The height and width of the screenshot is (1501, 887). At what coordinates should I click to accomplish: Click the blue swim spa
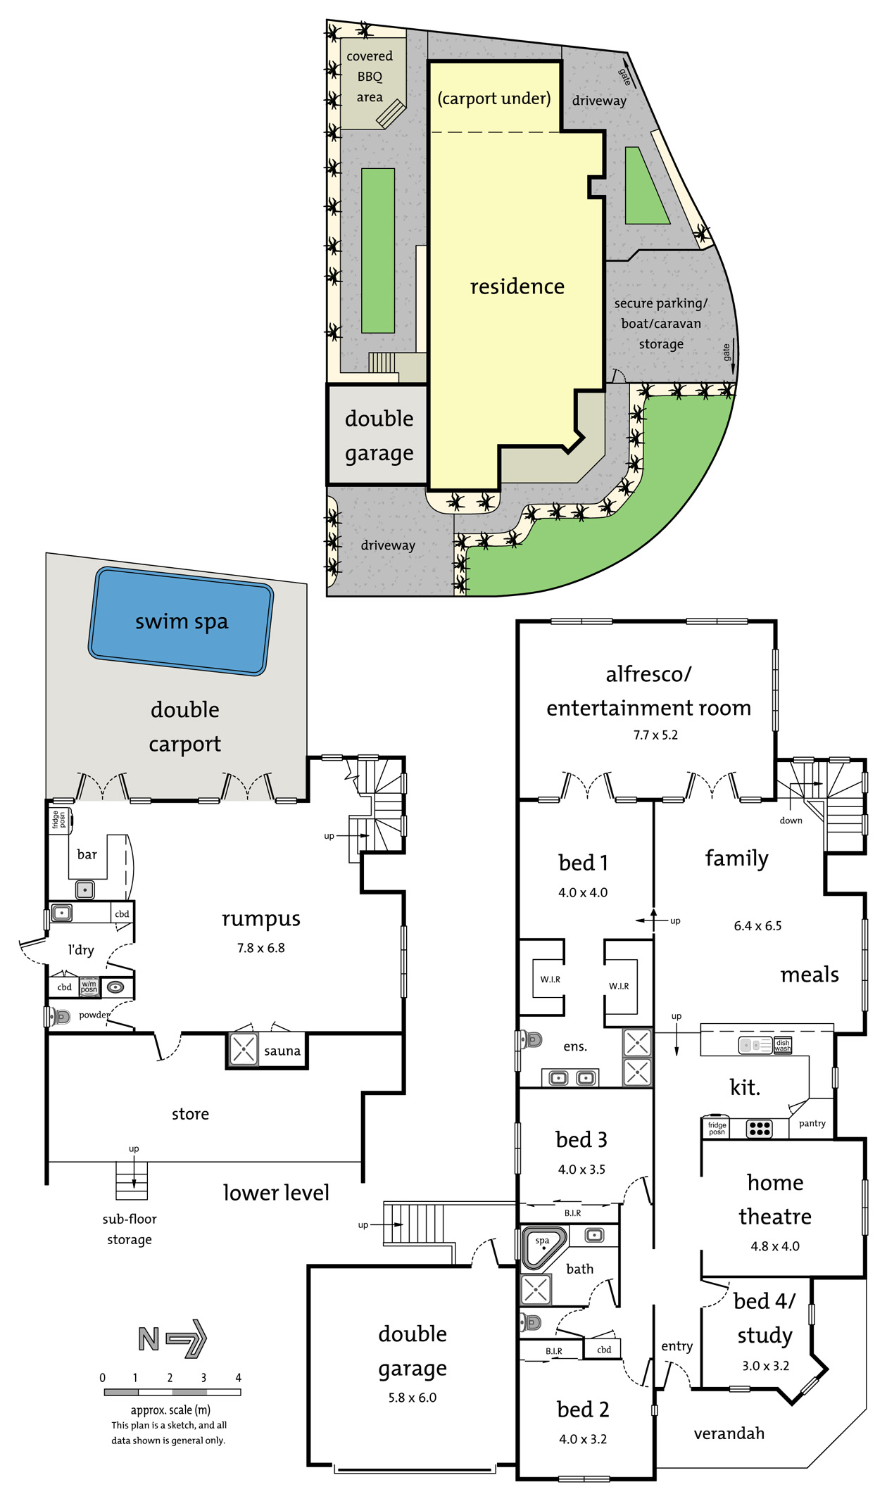pos(181,621)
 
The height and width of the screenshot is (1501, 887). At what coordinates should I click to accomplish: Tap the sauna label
pos(282,1051)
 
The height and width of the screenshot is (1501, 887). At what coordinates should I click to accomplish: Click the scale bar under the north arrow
pos(172,1392)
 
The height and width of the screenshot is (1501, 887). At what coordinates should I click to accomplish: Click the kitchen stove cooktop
pos(759,1128)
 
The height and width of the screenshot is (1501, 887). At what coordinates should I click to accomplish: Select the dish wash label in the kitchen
pos(782,1046)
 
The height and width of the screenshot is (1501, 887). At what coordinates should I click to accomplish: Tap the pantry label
pos(812,1123)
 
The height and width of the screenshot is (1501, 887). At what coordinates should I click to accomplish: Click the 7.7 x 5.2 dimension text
pos(655,735)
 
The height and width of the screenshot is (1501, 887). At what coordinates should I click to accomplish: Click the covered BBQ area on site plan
pos(370,76)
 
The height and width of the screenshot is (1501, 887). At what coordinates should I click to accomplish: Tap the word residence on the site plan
pos(517,286)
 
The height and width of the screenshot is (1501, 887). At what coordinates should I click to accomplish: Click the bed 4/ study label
pos(765,1317)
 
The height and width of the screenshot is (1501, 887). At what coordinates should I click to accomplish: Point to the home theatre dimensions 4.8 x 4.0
pos(774,1246)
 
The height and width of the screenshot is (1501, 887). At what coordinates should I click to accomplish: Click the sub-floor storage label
pos(130,1229)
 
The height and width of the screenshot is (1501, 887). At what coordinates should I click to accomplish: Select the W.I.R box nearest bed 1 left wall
pos(550,979)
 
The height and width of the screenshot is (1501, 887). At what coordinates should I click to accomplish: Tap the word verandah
pos(729,1433)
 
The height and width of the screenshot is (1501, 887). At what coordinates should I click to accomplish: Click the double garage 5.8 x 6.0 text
pos(412,1397)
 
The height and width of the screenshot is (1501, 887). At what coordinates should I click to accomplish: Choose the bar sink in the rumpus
pos(84,889)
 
